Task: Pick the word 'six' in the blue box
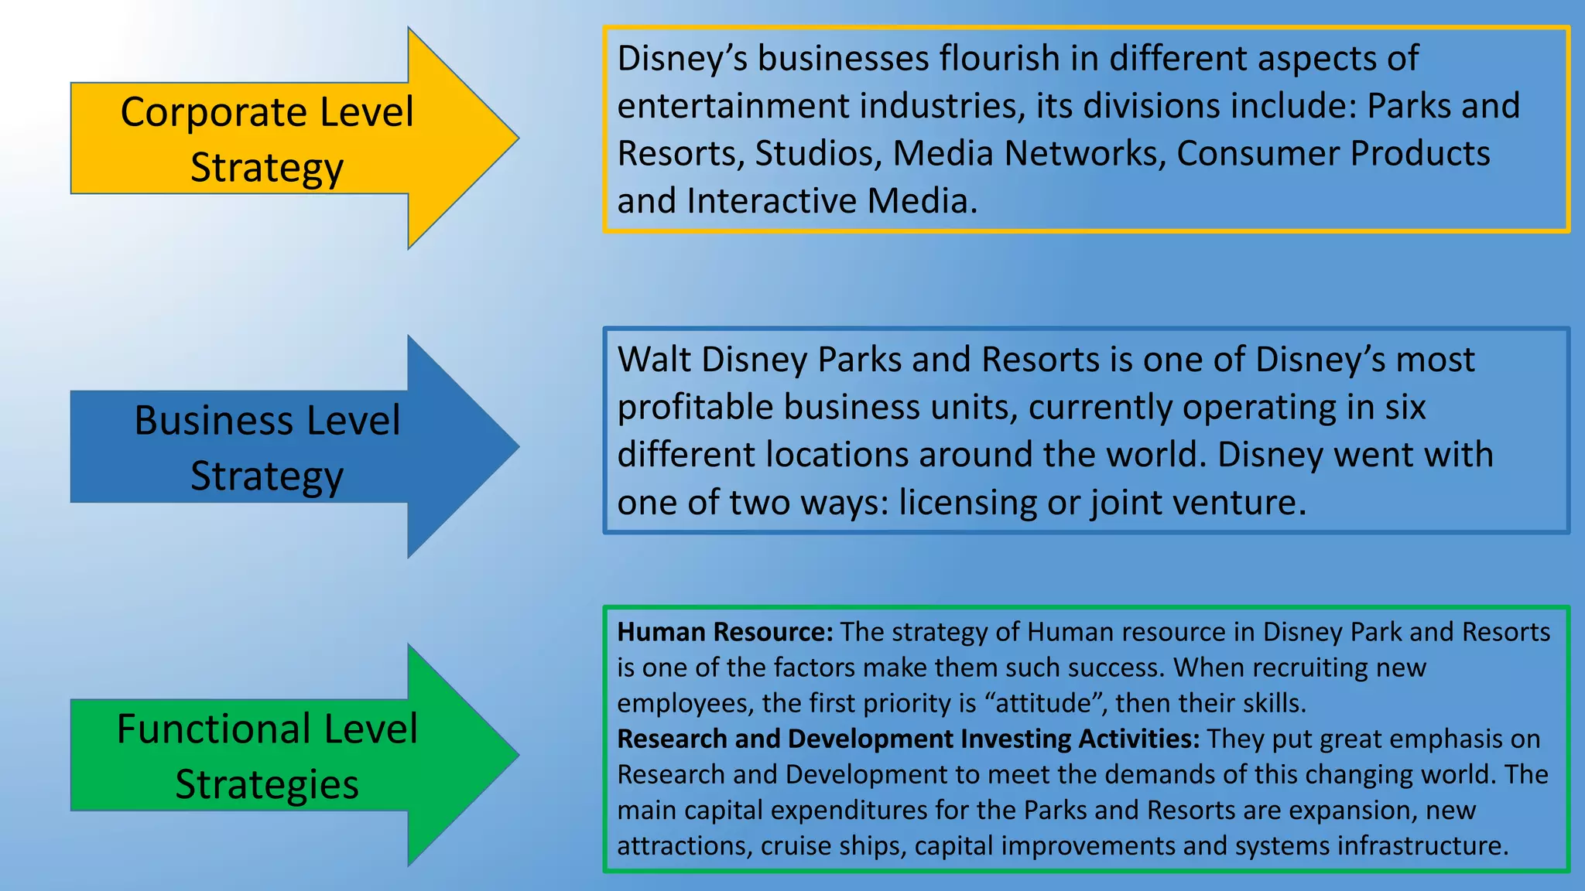1405,408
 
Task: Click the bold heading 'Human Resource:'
724,632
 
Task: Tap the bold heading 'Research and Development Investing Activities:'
908,739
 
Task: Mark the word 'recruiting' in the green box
1305,667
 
